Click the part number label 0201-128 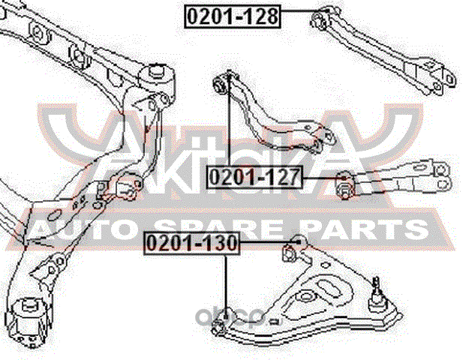point(232,16)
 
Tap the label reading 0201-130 point(191,244)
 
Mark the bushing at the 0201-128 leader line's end point(324,16)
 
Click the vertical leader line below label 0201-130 point(225,285)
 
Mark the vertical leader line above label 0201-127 point(229,120)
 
